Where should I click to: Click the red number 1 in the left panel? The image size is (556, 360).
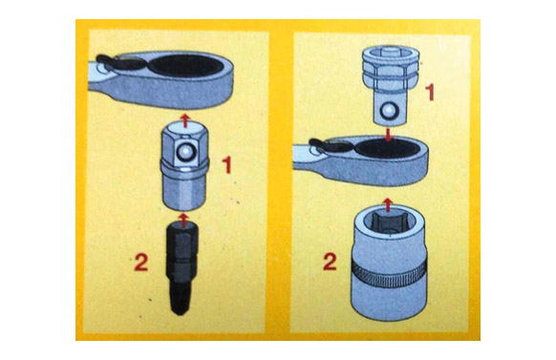[x=227, y=165]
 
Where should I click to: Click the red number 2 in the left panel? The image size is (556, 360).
[x=140, y=263]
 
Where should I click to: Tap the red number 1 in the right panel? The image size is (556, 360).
[x=430, y=92]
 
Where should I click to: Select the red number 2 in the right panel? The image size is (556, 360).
[x=331, y=263]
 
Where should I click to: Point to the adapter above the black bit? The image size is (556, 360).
[x=184, y=165]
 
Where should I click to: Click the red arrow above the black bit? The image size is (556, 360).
[x=183, y=219]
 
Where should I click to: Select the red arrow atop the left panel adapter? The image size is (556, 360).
[x=184, y=120]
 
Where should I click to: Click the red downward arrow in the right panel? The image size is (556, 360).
[x=389, y=135]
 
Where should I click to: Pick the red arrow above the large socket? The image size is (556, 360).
[x=389, y=204]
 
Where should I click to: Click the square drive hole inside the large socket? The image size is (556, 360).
[x=388, y=222]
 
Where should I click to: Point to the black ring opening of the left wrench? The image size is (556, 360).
[x=185, y=66]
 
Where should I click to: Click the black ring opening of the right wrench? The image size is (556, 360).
[x=388, y=148]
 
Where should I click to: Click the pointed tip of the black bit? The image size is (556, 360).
[x=182, y=313]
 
